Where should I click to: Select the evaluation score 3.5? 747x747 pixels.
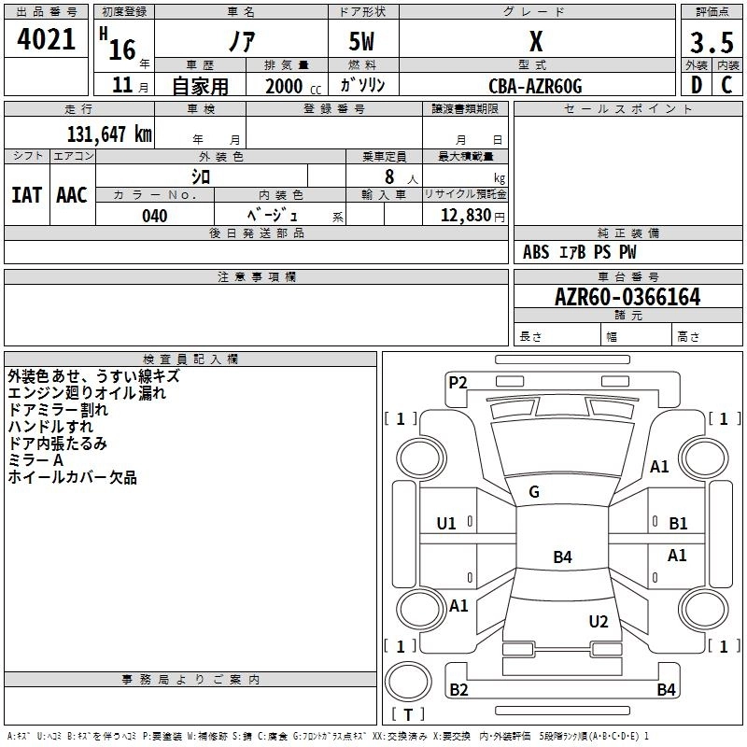pyautogui.click(x=710, y=42)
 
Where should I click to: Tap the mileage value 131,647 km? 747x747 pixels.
pyautogui.click(x=109, y=134)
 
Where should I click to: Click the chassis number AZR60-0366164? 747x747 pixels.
pyautogui.click(x=627, y=298)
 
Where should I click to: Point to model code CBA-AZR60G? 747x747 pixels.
pyautogui.click(x=535, y=86)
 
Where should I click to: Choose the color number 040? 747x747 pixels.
pyautogui.click(x=154, y=216)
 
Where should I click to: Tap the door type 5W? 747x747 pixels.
pyautogui.click(x=364, y=42)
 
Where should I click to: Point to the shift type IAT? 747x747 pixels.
pyautogui.click(x=26, y=195)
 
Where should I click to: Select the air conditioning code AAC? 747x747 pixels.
pyautogui.click(x=72, y=195)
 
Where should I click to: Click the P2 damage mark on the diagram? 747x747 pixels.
pyautogui.click(x=458, y=381)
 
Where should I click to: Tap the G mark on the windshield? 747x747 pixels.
pyautogui.click(x=534, y=492)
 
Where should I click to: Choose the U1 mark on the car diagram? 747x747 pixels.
pyautogui.click(x=446, y=524)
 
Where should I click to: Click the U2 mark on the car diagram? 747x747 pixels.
pyautogui.click(x=599, y=621)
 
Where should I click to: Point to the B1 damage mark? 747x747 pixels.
pyautogui.click(x=678, y=524)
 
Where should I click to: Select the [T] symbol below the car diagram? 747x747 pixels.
pyautogui.click(x=408, y=714)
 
